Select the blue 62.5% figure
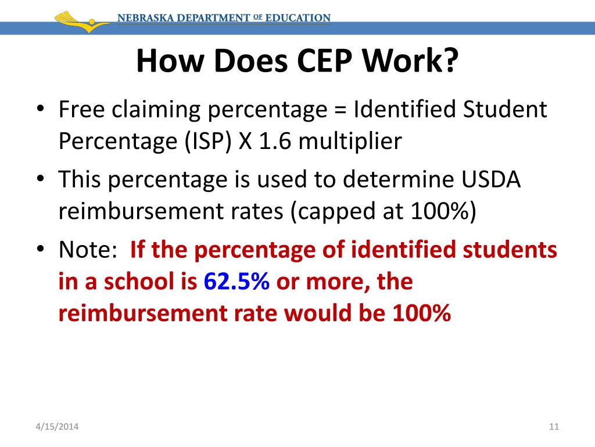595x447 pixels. [x=236, y=282]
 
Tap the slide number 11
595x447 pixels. [x=553, y=428]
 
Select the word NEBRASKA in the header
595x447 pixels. [x=145, y=18]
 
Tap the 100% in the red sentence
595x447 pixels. [x=421, y=314]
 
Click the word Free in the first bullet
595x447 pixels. [x=80, y=110]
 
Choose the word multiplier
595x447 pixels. [x=352, y=141]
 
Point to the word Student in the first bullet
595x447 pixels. [x=505, y=110]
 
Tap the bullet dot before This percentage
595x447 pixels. [x=40, y=180]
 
